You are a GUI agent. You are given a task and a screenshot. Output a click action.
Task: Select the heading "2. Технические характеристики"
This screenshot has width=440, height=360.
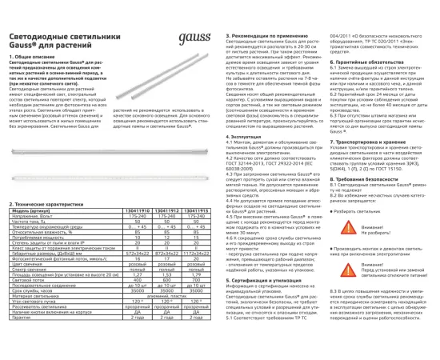42,205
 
